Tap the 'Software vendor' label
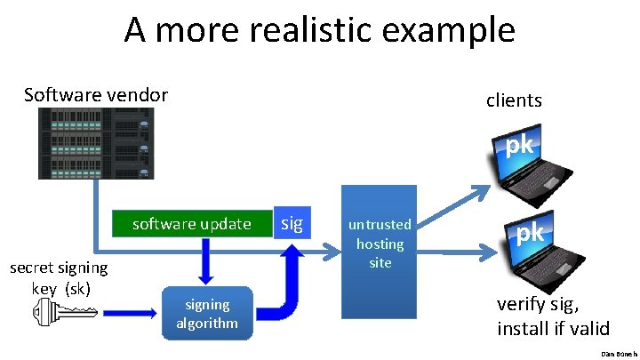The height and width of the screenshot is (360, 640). (x=96, y=95)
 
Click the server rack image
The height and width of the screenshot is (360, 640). (x=96, y=143)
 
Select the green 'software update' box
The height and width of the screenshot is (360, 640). (x=192, y=224)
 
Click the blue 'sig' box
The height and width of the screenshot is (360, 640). (x=292, y=222)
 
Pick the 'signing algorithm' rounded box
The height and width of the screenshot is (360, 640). (x=207, y=313)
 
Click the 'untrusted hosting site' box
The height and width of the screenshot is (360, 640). (x=380, y=252)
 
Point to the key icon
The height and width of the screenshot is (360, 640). (x=65, y=312)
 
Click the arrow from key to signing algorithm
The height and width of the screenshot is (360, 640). (x=130, y=313)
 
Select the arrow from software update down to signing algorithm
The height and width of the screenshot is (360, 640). (x=205, y=261)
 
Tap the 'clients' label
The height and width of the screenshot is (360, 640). (x=514, y=100)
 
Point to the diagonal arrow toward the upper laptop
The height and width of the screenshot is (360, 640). (x=453, y=206)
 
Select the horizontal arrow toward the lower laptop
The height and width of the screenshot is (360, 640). (x=457, y=252)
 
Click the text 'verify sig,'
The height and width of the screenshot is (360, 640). (x=538, y=305)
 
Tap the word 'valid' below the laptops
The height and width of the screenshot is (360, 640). (x=588, y=328)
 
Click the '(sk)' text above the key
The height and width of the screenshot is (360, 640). (x=77, y=290)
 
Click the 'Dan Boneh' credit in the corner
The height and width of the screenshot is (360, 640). (x=619, y=355)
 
